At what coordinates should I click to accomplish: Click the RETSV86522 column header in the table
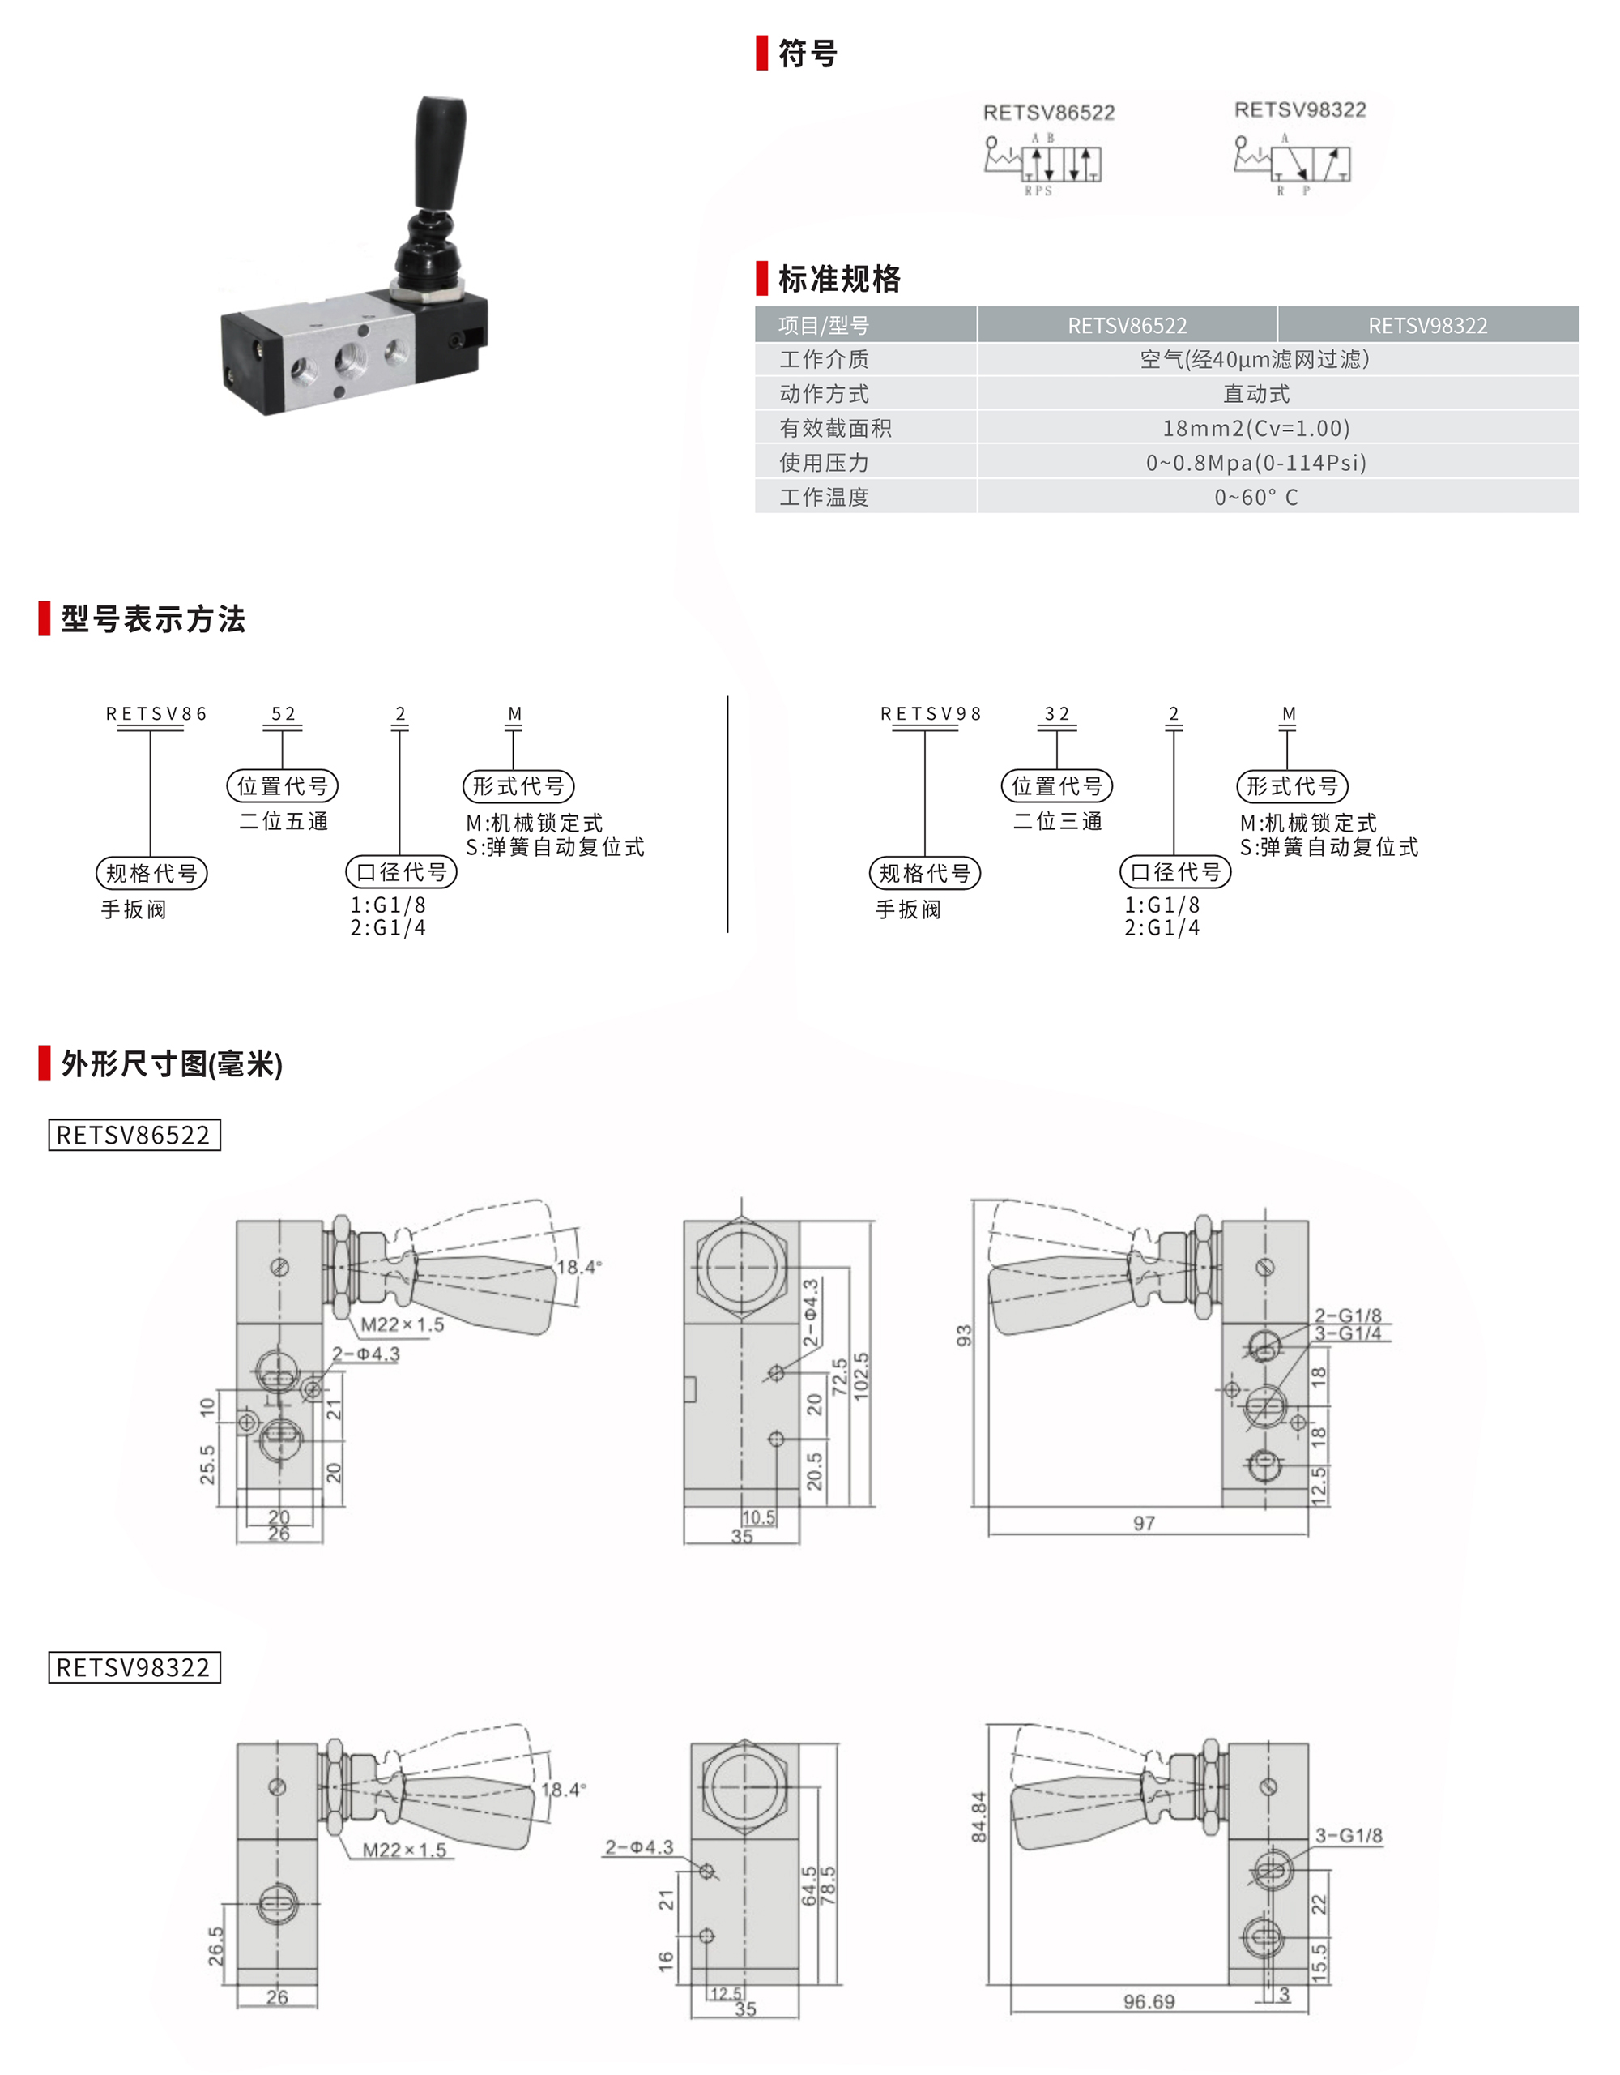click(x=1128, y=325)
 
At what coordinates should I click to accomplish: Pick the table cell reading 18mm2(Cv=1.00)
click(x=1256, y=429)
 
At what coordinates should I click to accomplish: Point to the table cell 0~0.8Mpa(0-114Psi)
click(x=1256, y=463)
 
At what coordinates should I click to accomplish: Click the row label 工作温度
click(x=825, y=497)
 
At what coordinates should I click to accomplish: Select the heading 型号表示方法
click(x=153, y=619)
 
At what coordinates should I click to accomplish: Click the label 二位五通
click(x=284, y=821)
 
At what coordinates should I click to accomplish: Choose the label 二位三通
click(x=1058, y=821)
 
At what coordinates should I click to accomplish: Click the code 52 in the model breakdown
click(x=283, y=713)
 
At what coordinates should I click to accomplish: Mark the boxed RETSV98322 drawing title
click(x=134, y=1667)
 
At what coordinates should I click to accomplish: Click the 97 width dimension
click(x=1145, y=1523)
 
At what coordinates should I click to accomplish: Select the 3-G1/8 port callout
click(x=1349, y=1836)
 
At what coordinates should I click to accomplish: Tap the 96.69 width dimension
click(x=1149, y=2002)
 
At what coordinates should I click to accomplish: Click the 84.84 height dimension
click(x=979, y=1817)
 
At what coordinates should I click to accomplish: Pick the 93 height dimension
click(x=965, y=1336)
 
